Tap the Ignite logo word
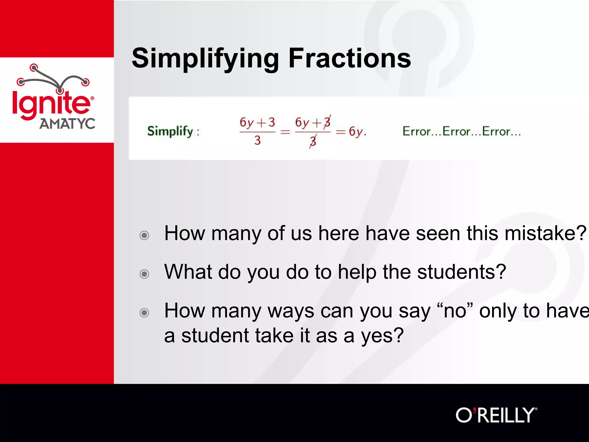click(51, 104)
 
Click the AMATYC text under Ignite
click(67, 124)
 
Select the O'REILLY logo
click(496, 415)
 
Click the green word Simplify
click(170, 131)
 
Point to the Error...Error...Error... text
click(461, 132)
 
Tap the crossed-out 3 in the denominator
click(313, 141)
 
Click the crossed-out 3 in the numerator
click(327, 122)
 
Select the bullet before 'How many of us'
click(144, 235)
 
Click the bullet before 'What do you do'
click(144, 274)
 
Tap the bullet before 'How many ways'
click(144, 313)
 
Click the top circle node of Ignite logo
click(34, 68)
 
